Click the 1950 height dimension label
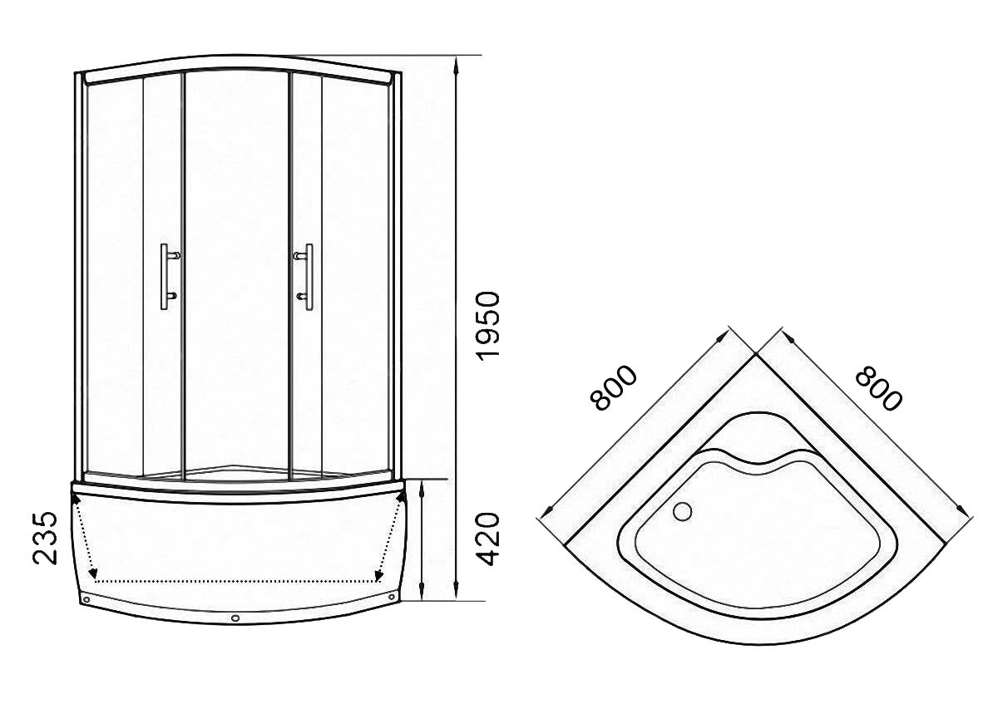488,324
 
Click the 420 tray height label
488,539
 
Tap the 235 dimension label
45,538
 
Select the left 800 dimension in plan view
613,388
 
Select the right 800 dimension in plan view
879,388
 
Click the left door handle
169,277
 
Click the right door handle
304,277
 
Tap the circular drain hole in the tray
683,511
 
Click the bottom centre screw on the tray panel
236,618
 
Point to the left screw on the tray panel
86,599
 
